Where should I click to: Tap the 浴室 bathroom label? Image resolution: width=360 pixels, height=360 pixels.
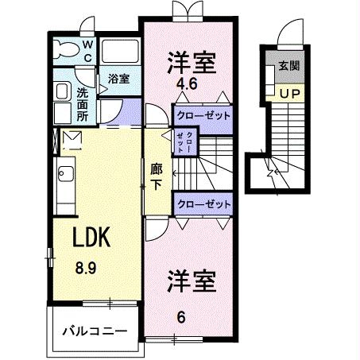coord(119,79)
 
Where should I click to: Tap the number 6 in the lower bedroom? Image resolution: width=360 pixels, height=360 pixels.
coord(181,315)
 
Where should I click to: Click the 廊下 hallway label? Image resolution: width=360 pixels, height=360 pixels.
coord(157,175)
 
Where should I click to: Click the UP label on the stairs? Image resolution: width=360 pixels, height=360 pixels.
coord(287,92)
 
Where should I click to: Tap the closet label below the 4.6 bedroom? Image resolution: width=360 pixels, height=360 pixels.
coord(203,116)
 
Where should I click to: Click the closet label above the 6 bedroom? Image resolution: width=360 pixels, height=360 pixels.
coord(203,204)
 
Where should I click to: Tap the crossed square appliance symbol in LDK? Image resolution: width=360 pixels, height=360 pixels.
coord(71,141)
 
